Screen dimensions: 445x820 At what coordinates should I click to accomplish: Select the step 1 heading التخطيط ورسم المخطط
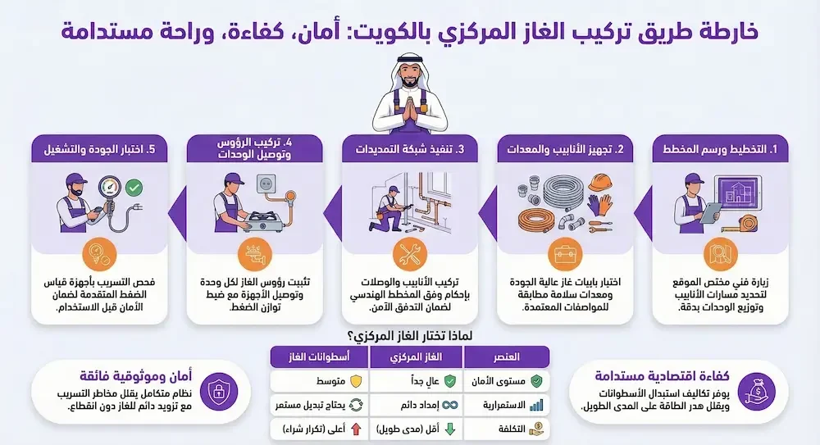point(722,150)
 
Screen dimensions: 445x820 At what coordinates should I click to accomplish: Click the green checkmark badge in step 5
point(134,188)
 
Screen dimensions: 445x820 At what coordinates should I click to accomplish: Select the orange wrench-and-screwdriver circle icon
point(409,253)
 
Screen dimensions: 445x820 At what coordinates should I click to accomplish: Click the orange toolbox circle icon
point(565,253)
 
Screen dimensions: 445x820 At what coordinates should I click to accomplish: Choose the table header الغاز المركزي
point(417,357)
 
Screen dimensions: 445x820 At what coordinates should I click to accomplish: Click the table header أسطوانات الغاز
point(319,357)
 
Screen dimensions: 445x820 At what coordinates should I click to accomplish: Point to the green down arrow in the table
point(449,429)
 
